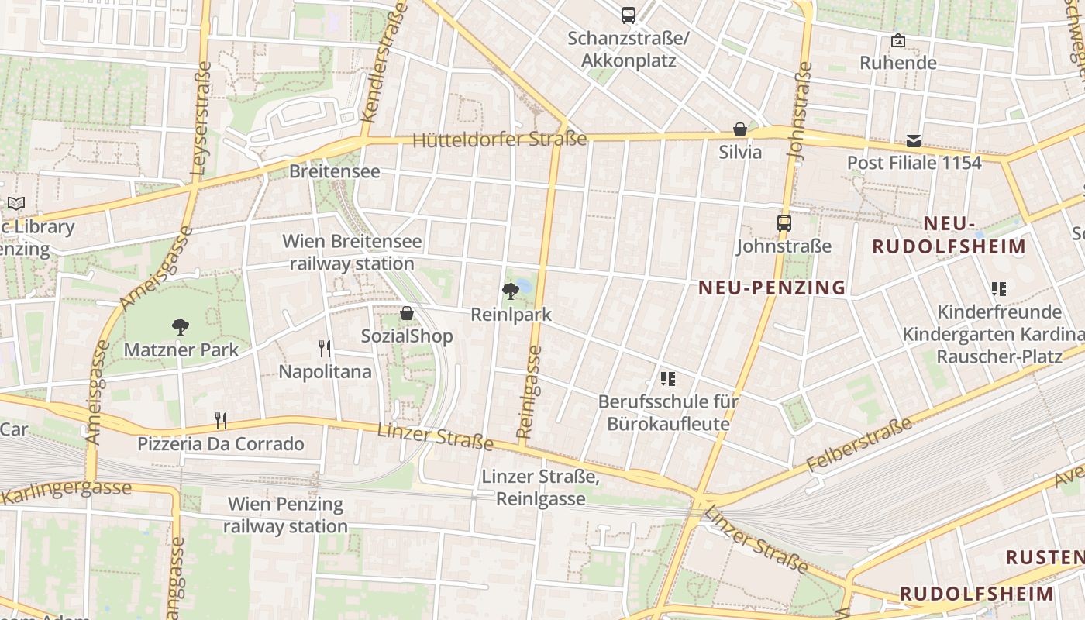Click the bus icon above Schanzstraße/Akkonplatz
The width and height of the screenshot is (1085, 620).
628,15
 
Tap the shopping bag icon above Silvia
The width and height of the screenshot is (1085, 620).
740,129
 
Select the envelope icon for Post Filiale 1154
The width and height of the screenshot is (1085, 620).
914,140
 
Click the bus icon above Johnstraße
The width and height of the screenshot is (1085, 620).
784,223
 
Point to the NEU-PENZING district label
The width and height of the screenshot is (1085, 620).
772,288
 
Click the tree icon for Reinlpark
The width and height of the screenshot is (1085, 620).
511,291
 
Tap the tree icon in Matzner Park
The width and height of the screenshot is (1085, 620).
181,327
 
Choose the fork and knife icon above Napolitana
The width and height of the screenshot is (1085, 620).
325,349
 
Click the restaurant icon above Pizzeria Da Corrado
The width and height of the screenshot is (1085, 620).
221,421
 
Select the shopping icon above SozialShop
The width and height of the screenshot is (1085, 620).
406,313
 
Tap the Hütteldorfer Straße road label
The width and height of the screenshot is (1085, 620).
500,140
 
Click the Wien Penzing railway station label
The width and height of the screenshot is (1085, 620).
285,515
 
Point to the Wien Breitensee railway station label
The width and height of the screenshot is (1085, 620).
352,253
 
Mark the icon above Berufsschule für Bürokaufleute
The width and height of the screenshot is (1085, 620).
668,379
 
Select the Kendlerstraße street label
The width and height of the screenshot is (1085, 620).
384,62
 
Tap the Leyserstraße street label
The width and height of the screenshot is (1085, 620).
200,116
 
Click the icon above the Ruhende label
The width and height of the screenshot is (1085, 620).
898,40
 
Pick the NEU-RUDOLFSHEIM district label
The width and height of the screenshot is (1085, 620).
949,236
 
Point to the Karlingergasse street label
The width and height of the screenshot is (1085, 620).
66,491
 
